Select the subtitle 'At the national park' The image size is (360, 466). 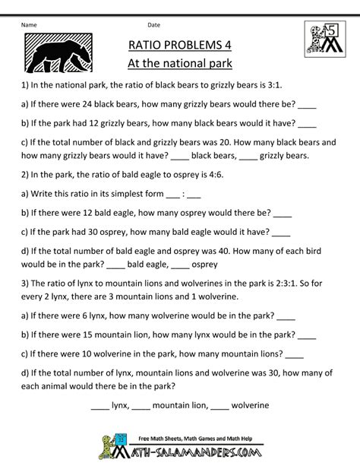coord(178,62)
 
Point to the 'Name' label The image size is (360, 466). coord(29,24)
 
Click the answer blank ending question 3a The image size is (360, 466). coord(285,314)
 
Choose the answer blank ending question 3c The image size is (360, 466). coord(293,351)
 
